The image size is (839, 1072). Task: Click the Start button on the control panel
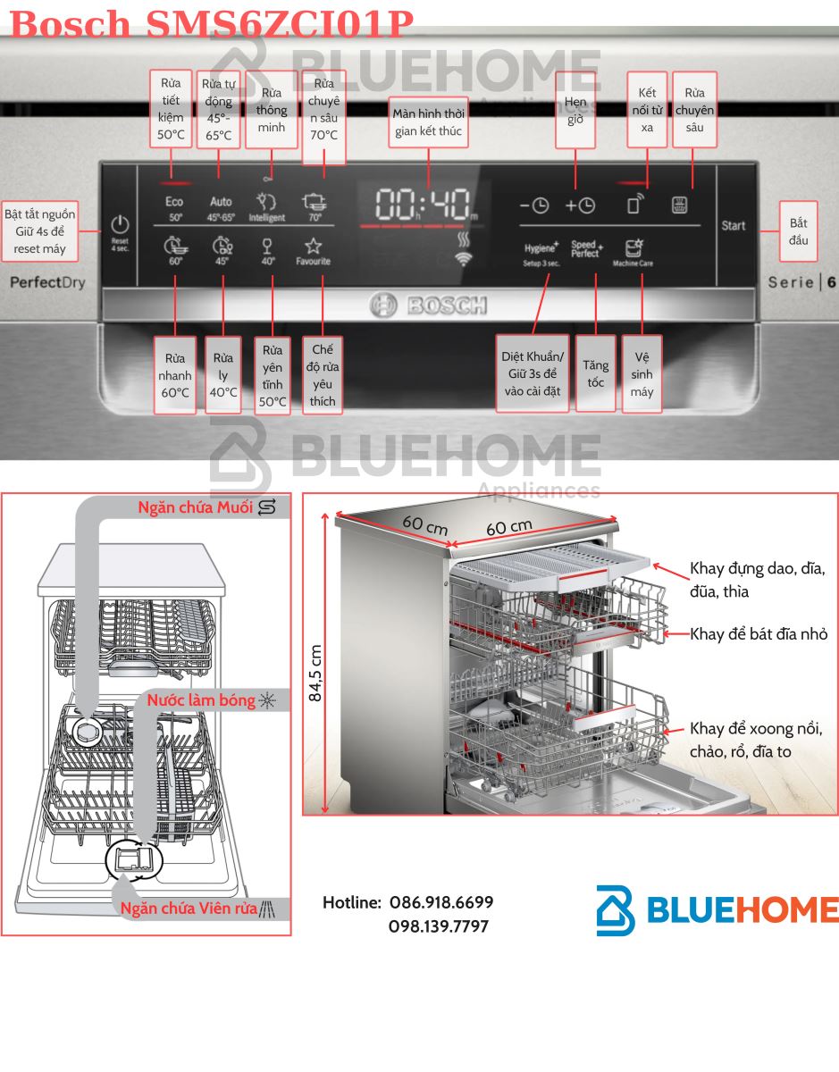pyautogui.click(x=733, y=226)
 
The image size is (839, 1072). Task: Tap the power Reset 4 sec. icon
pyautogui.click(x=120, y=231)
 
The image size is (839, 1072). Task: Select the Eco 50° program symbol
pyautogui.click(x=174, y=207)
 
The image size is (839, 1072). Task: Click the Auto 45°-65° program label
pyautogui.click(x=221, y=207)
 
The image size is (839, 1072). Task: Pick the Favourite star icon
pyautogui.click(x=313, y=249)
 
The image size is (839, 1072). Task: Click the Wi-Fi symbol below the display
pyautogui.click(x=463, y=260)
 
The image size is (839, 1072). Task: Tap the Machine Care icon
pyautogui.click(x=633, y=252)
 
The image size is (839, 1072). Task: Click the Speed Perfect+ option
pyautogui.click(x=586, y=249)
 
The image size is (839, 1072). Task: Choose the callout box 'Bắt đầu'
pyautogui.click(x=798, y=231)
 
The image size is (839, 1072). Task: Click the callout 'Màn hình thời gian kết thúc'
pyautogui.click(x=428, y=122)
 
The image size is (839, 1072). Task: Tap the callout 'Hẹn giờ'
pyautogui.click(x=575, y=111)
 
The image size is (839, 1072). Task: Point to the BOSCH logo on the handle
pyautogui.click(x=429, y=306)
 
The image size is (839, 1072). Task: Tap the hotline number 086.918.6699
pyautogui.click(x=440, y=903)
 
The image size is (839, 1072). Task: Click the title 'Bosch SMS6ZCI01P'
pyautogui.click(x=211, y=23)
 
